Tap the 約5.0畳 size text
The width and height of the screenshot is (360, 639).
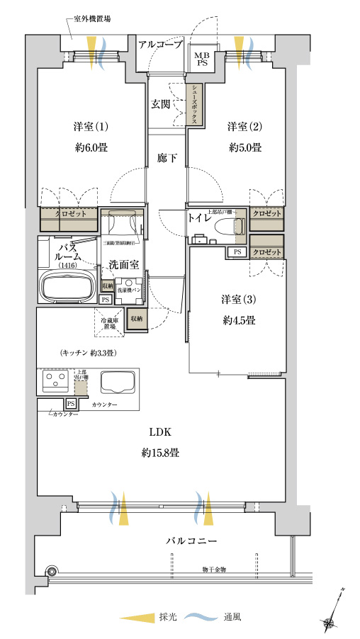pyautogui.click(x=245, y=148)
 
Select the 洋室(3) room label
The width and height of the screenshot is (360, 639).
pyautogui.click(x=238, y=298)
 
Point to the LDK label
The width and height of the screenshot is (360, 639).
pyautogui.click(x=159, y=431)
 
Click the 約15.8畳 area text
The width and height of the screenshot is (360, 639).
pyautogui.click(x=159, y=452)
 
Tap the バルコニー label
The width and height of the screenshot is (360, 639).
pyautogui.click(x=191, y=541)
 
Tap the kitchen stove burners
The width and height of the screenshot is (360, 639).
pyautogui.click(x=54, y=383)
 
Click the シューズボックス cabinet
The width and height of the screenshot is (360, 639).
pyautogui.click(x=193, y=104)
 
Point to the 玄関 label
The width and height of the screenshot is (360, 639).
pyautogui.click(x=159, y=104)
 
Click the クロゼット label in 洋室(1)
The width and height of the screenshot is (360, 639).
pyautogui.click(x=68, y=213)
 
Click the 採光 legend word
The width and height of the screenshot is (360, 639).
pyautogui.click(x=167, y=617)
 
